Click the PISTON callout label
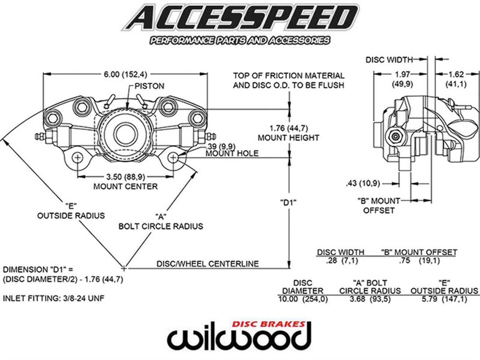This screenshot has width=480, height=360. pos(149,86)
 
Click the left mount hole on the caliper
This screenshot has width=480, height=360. pos(78,157)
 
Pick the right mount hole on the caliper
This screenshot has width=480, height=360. pos(173,157)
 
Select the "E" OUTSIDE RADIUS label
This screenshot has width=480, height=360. pos(71,211)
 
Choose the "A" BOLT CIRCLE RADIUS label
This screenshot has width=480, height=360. pos(161,222)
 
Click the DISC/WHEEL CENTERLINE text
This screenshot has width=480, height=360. pos(208,264)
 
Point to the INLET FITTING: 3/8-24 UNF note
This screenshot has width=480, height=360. pos(53,298)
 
